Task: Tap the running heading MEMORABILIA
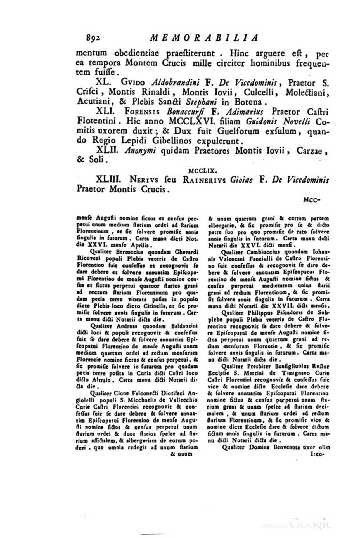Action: pyautogui.click(x=203, y=38)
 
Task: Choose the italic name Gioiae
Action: pyautogui.click(x=241, y=180)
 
